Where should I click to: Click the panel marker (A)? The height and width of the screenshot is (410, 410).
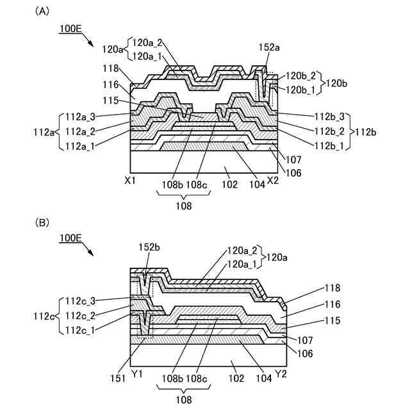click(42, 11)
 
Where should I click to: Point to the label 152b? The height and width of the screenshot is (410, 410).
click(149, 247)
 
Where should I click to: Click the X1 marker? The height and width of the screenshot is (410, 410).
click(131, 181)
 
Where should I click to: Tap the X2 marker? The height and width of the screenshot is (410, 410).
click(272, 181)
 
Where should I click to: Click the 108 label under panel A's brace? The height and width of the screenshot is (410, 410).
click(184, 206)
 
